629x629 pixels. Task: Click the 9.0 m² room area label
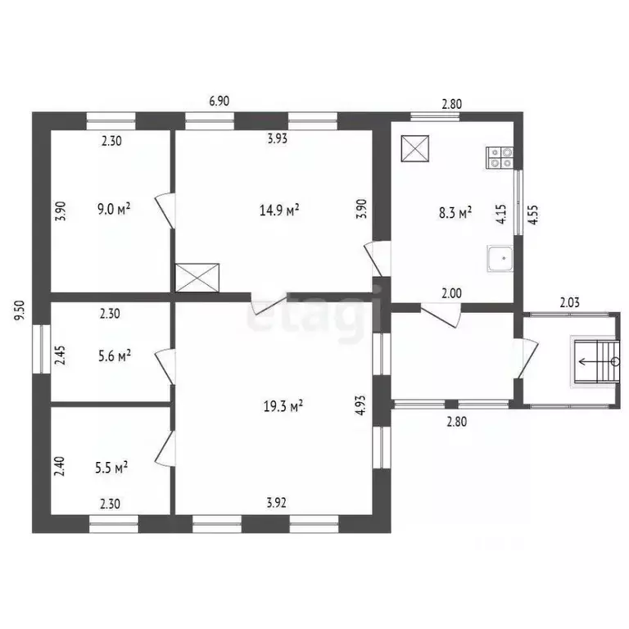coord(114,208)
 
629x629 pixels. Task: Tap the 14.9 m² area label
coord(278,210)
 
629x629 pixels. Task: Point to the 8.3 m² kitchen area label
coord(455,213)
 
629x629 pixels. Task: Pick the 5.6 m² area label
coord(114,355)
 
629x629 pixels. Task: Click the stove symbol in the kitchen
coord(500,157)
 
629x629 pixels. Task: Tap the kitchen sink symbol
coord(499,259)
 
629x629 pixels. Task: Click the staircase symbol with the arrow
coord(595,360)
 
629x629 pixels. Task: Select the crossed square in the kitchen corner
coord(415,149)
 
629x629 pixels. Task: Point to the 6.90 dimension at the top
coord(219,102)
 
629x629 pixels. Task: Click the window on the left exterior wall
coord(40,350)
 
